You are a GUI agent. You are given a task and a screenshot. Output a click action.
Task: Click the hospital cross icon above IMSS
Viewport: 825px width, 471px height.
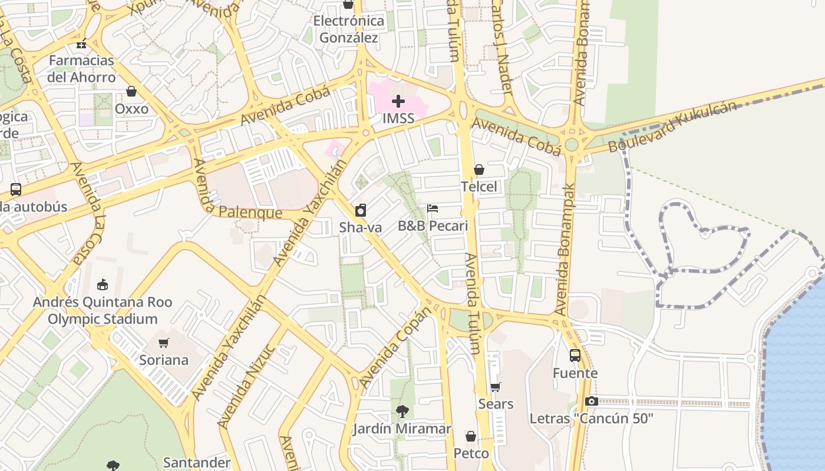[398, 101]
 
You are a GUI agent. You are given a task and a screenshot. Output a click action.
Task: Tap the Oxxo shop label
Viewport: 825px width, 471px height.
[131, 109]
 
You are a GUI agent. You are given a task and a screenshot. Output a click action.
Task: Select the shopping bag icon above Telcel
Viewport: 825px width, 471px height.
[479, 170]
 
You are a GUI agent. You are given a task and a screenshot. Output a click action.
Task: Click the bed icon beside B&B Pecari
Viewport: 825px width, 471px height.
[433, 208]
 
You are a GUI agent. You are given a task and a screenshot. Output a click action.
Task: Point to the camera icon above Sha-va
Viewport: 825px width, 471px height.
[361, 210]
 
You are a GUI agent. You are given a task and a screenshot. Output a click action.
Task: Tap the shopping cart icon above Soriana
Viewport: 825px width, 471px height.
[164, 343]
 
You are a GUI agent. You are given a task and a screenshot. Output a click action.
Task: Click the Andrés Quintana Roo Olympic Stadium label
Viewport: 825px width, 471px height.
[103, 310]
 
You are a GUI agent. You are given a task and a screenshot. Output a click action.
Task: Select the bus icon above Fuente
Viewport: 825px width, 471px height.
[575, 356]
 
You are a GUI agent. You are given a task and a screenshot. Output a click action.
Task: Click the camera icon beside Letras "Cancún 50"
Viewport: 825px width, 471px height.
[591, 402]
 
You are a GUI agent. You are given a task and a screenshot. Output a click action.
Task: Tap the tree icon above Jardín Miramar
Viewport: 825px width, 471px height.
[402, 411]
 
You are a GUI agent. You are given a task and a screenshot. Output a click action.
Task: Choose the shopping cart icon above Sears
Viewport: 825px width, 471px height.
[496, 387]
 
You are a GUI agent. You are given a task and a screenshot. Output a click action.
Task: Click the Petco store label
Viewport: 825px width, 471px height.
[471, 453]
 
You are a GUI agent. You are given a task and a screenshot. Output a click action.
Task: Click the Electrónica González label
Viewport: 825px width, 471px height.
[348, 29]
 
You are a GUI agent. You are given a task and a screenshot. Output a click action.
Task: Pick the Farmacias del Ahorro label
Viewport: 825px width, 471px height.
[81, 69]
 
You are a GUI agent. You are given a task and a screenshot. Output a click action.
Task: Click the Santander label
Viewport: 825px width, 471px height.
[196, 462]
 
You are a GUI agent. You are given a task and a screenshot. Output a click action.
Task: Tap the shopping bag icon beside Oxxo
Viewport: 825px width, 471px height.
[131, 92]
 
